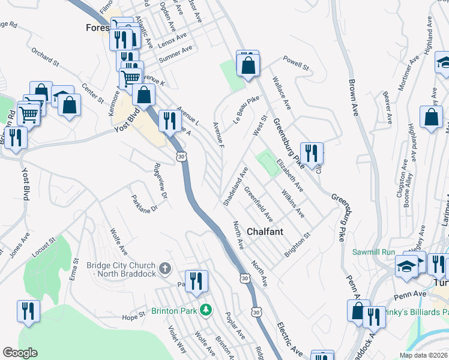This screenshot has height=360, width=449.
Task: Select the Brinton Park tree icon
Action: (x=206, y=310)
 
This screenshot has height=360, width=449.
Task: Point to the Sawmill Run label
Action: (x=373, y=251)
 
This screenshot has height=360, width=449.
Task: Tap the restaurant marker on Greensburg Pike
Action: (x=312, y=153)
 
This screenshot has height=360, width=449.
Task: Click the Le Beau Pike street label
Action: (x=246, y=106)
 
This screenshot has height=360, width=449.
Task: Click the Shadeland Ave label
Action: (x=235, y=187)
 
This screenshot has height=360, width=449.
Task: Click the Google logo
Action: (x=20, y=353)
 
